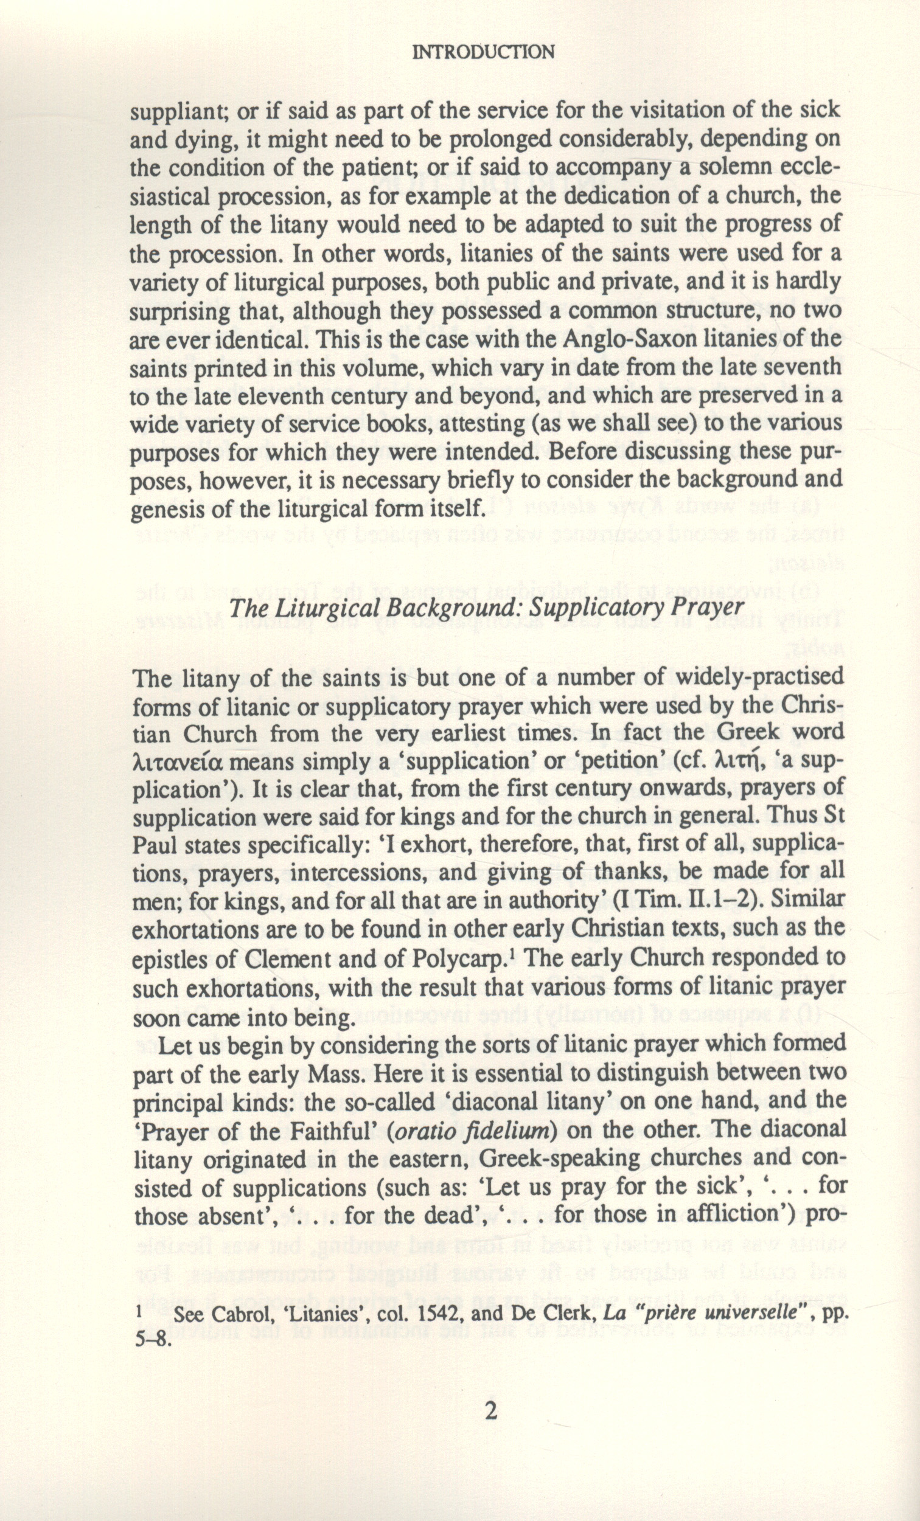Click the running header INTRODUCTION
click(483, 52)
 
